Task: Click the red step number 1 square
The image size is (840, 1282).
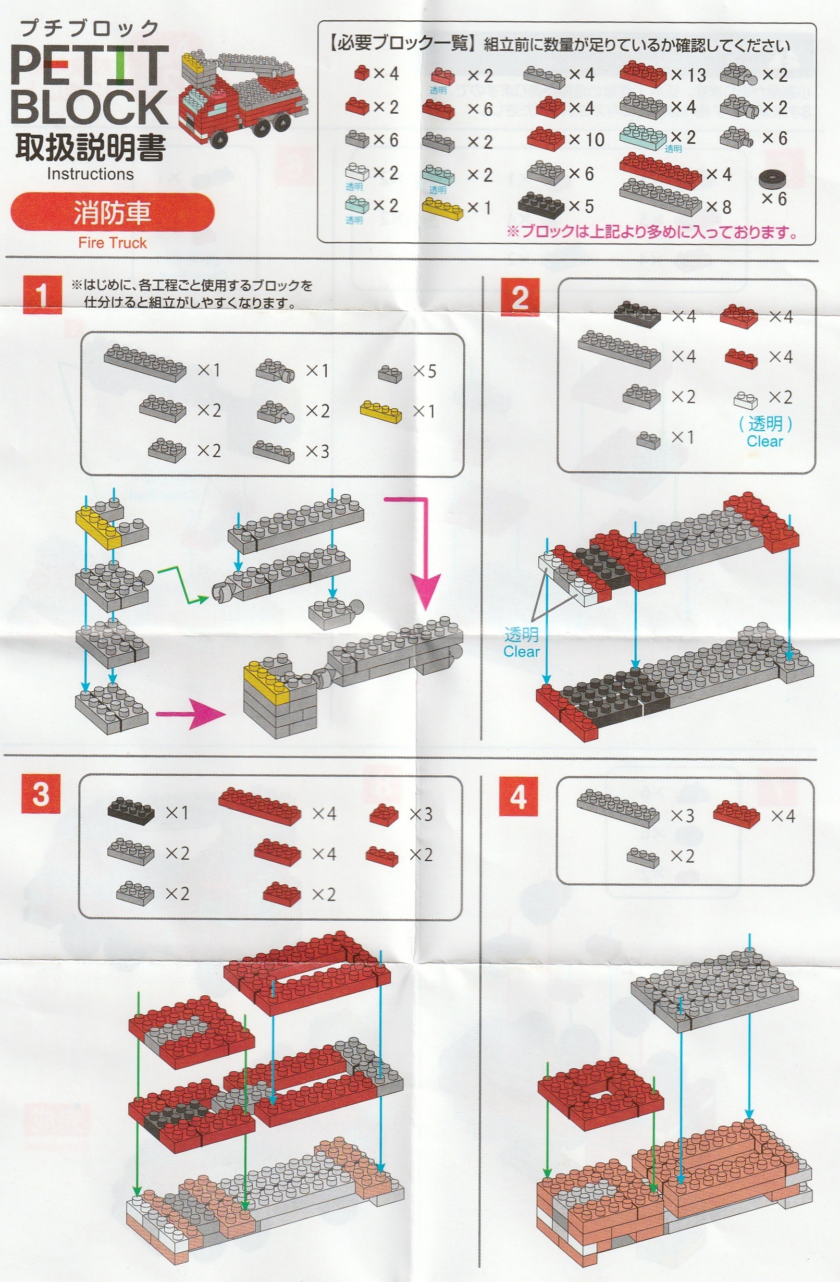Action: (x=42, y=294)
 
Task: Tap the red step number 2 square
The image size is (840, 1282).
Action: (x=520, y=298)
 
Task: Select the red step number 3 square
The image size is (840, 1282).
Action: (x=41, y=795)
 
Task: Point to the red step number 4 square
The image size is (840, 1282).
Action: (x=518, y=797)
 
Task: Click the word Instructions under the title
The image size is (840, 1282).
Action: (x=90, y=174)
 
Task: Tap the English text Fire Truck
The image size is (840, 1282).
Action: (x=112, y=242)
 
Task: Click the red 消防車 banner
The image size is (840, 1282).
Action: (x=112, y=212)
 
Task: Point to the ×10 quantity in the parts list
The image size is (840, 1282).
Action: (x=586, y=140)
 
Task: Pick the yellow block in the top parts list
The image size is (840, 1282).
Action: (x=442, y=208)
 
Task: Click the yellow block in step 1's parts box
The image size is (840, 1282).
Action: (x=381, y=411)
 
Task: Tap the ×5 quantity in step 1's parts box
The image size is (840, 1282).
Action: (x=424, y=371)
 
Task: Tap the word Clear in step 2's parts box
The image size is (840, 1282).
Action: (x=764, y=441)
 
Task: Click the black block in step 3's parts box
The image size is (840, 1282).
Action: (x=131, y=811)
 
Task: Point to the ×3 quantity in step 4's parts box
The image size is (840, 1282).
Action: (x=682, y=815)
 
